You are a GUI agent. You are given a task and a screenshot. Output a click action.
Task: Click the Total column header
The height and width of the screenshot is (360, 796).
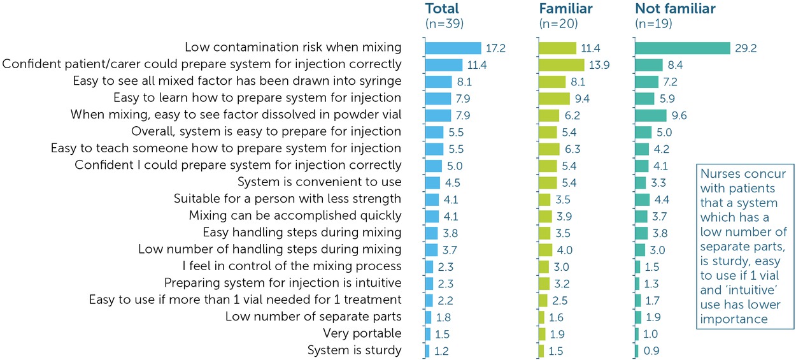coord(442,9)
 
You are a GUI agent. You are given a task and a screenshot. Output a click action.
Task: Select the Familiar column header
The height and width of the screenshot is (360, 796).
coord(565,9)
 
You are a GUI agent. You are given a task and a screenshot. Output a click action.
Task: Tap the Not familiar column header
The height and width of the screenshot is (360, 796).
coord(675,9)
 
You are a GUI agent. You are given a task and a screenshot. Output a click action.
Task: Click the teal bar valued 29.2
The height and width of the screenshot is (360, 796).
coord(682,48)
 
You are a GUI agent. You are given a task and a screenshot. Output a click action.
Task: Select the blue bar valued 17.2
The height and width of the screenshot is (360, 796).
coord(453,48)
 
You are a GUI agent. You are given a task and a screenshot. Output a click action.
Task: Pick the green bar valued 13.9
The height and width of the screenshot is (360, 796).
coord(561,64)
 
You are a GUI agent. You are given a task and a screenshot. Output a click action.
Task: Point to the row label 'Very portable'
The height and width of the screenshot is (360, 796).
coord(362,333)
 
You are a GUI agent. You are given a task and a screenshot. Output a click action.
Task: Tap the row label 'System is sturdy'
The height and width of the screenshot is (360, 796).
coord(354,350)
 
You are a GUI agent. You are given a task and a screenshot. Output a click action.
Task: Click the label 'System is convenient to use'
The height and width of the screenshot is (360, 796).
coord(320,182)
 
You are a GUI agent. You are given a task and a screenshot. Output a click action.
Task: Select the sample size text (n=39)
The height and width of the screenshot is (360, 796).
coord(444,24)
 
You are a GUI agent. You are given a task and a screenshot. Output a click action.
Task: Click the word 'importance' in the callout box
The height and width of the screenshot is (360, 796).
coord(731,318)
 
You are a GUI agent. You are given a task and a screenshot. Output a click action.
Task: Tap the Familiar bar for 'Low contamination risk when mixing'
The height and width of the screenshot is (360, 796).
coord(557,48)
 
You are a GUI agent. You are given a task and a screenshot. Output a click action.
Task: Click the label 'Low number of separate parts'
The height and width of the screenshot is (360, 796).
coord(313,317)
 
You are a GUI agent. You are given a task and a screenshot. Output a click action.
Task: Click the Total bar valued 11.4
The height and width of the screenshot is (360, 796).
coord(443,64)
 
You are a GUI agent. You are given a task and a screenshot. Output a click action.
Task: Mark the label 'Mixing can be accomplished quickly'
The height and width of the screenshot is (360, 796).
coord(295,215)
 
